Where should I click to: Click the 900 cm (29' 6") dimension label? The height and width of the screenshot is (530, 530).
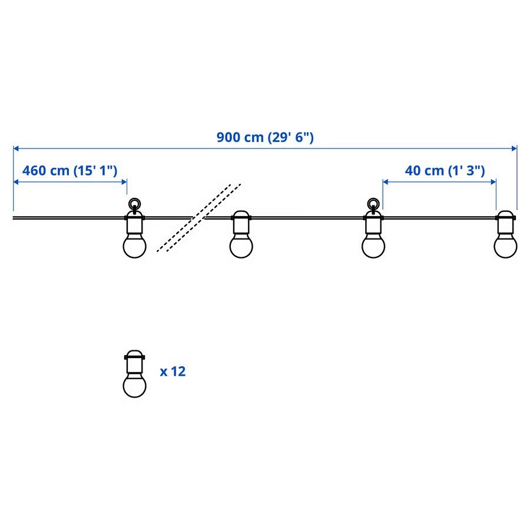(265, 137)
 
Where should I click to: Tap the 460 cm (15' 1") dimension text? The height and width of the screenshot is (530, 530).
(69, 170)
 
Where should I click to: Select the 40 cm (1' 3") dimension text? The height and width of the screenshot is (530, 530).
(445, 170)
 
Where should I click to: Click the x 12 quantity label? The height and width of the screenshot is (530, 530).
(173, 372)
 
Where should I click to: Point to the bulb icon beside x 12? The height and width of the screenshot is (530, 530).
(134, 373)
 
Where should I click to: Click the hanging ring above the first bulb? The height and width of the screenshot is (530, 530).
(134, 204)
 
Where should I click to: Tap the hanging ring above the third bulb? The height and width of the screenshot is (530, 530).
(373, 204)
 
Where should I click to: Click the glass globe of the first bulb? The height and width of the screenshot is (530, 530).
(134, 246)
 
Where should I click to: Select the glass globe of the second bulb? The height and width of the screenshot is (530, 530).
(241, 246)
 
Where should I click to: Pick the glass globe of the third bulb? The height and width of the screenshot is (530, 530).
(373, 246)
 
